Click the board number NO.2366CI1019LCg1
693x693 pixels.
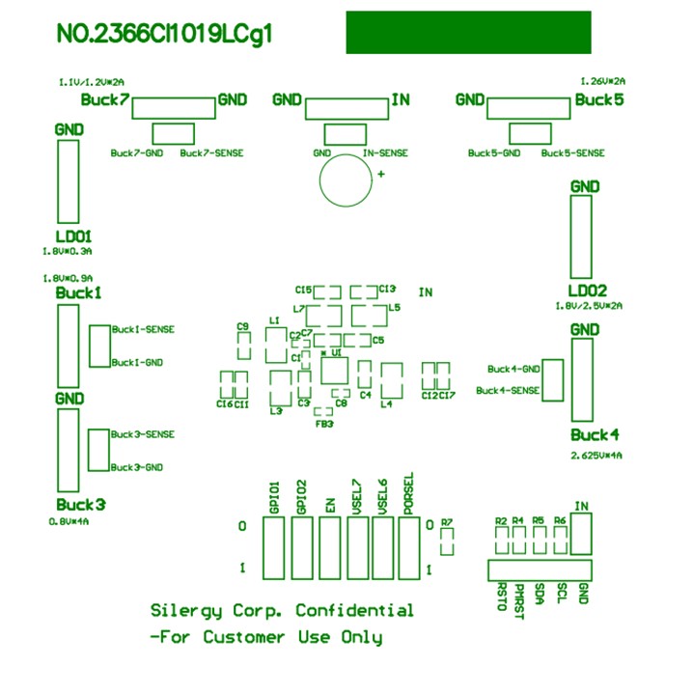click(165, 35)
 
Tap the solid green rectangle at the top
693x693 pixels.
click(468, 32)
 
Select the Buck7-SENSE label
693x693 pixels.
click(211, 153)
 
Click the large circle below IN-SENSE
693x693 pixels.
click(346, 180)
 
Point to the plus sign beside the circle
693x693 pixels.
click(382, 174)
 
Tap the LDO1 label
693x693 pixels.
click(73, 236)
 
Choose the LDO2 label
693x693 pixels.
click(587, 291)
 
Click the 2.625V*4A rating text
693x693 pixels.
click(596, 455)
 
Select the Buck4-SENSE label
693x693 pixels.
click(508, 391)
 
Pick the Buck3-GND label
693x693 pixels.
click(136, 467)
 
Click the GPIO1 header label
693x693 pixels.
click(274, 497)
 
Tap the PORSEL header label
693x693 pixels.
click(409, 492)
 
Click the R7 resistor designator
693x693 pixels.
click(446, 522)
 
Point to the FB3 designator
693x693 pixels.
click(324, 424)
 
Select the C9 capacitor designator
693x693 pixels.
click(243, 326)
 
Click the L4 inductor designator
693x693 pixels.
click(386, 404)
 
